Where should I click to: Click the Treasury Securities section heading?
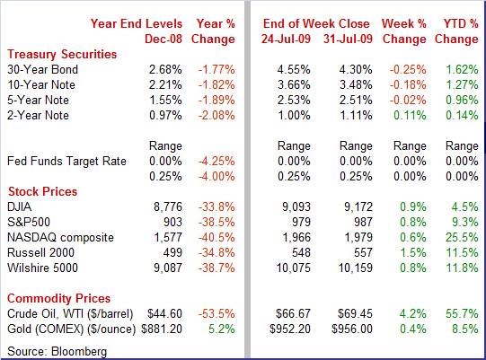click(62, 54)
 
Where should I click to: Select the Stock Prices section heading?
click(42, 191)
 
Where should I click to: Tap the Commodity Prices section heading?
click(59, 298)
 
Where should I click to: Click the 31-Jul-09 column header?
click(348, 39)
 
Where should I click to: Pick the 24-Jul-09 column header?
click(286, 39)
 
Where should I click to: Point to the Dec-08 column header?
click(163, 39)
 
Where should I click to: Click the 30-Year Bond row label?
click(43, 69)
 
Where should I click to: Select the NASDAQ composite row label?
click(61, 238)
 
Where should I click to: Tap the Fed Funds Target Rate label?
click(67, 162)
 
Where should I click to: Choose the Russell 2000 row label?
click(41, 253)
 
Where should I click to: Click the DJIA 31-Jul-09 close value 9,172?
click(358, 207)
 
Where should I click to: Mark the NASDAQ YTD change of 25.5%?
click(462, 238)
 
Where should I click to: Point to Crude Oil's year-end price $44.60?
click(164, 314)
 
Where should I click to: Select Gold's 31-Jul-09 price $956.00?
click(352, 329)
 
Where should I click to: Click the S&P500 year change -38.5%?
click(216, 222)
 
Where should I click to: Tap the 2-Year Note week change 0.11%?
click(410, 116)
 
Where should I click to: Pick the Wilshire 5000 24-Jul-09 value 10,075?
click(293, 268)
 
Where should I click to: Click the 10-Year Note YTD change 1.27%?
click(462, 85)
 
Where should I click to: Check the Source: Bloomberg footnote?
click(57, 352)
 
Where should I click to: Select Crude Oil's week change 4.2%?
click(412, 314)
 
